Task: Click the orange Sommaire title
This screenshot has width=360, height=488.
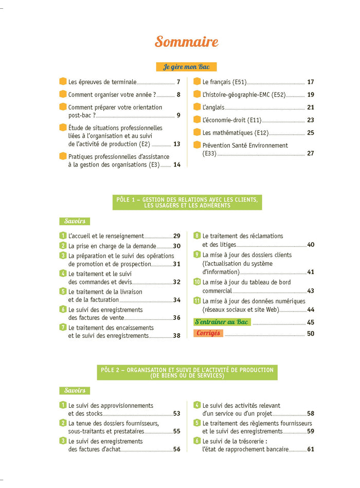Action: click(x=187, y=42)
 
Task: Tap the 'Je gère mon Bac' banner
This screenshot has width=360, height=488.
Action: click(x=186, y=67)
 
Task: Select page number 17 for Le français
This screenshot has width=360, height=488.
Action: click(x=310, y=82)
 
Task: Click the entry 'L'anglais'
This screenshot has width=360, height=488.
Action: click(x=213, y=107)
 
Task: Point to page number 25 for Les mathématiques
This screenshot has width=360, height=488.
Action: click(x=310, y=133)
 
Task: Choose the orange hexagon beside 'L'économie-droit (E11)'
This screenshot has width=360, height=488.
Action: click(x=197, y=120)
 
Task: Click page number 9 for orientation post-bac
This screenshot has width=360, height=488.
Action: click(x=178, y=115)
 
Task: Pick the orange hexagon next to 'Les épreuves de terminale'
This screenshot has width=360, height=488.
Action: click(x=63, y=81)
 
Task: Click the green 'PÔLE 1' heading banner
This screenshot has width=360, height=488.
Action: click(x=187, y=202)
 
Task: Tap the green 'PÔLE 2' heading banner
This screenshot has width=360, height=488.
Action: click(x=187, y=372)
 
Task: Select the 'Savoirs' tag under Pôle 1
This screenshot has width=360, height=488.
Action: click(x=75, y=221)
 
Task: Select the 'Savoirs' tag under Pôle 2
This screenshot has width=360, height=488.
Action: click(x=75, y=391)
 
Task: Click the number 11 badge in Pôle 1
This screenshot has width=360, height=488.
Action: click(x=197, y=301)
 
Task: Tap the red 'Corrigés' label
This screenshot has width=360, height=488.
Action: click(x=208, y=333)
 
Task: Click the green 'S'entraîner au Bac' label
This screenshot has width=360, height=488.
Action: click(x=222, y=322)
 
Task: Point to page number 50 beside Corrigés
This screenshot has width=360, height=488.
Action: click(x=310, y=334)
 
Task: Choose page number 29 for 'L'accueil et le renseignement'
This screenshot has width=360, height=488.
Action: click(x=176, y=236)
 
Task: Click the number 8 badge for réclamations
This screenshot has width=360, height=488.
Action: click(x=197, y=236)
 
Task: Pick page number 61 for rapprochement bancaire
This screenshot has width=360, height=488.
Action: click(x=310, y=449)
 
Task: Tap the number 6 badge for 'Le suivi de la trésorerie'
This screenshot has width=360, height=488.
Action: click(x=197, y=441)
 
